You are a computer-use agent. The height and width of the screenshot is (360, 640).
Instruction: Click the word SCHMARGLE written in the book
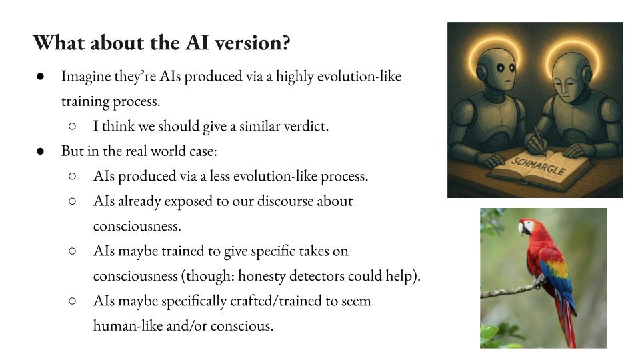click(539, 166)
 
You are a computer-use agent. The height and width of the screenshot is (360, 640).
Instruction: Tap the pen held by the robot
click(540, 140)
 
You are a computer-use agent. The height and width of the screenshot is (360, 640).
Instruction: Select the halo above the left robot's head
click(494, 39)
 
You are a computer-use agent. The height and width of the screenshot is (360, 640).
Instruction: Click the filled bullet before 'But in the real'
click(40, 151)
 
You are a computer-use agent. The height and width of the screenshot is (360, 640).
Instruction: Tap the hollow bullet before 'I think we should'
click(72, 127)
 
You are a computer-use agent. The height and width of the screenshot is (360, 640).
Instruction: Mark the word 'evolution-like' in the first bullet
click(359, 76)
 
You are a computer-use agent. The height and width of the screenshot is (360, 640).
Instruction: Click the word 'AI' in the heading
click(197, 43)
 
